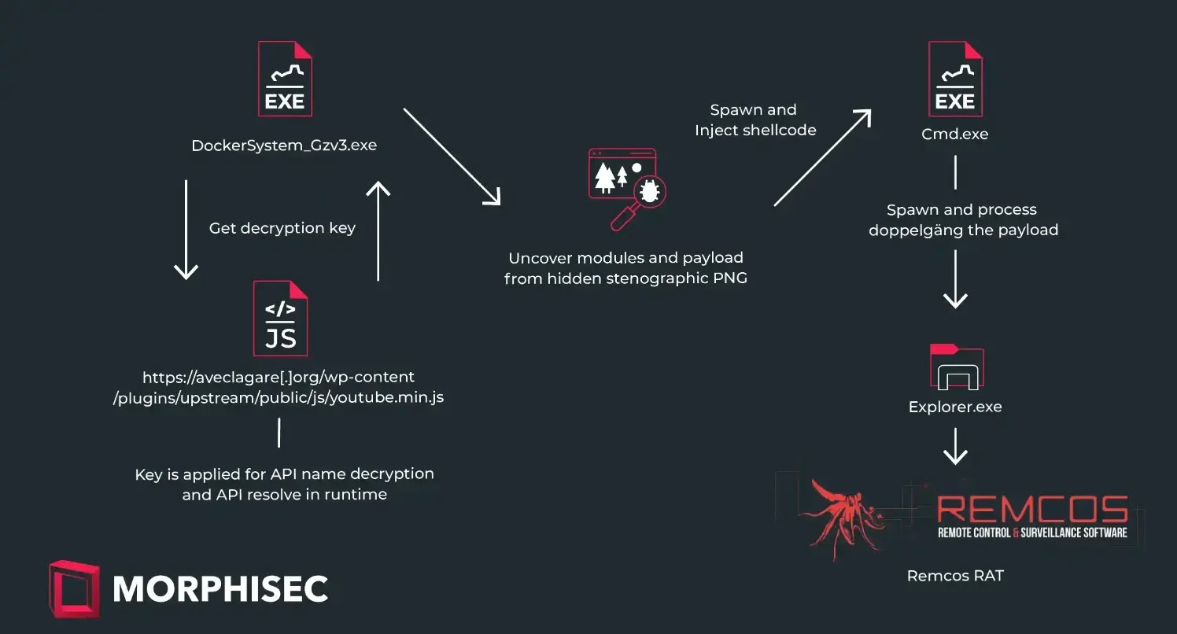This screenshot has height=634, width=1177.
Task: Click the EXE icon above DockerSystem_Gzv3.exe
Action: point(284,79)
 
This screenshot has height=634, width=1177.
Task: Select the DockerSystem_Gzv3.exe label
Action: point(284,146)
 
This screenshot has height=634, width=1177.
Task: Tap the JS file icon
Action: point(280,319)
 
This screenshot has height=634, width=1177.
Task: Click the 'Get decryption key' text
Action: point(282,228)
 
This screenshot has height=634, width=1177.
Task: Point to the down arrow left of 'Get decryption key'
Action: point(185,230)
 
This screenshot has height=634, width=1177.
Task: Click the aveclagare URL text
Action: point(279,387)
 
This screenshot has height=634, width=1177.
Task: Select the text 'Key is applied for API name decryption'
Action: point(284,474)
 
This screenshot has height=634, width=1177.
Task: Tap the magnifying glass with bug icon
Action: point(626,188)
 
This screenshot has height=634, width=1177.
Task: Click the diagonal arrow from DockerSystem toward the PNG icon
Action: point(452,156)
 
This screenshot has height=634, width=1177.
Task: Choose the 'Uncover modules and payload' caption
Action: point(625,258)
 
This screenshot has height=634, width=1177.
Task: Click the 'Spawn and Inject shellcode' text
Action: point(755,120)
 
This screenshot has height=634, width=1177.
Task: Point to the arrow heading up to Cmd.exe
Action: point(821,158)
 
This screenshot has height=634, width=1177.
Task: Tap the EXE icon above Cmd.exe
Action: point(955,79)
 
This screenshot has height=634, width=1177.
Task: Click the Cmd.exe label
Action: point(955,134)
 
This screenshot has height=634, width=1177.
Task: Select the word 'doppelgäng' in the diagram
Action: point(915,230)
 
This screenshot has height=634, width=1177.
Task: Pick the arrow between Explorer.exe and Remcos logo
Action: point(955,446)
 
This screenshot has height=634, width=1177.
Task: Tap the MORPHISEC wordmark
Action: point(220,588)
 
